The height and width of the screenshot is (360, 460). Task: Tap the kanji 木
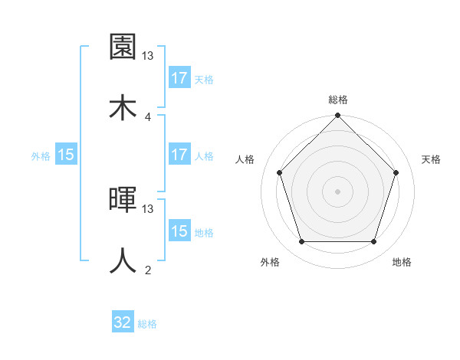pyautogui.click(x=123, y=107)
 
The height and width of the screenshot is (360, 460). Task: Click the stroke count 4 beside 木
pyautogui.click(x=148, y=116)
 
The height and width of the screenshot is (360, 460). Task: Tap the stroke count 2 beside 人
pyautogui.click(x=148, y=270)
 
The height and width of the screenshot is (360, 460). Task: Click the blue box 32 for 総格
pyautogui.click(x=123, y=322)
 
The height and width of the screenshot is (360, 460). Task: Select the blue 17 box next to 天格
pyautogui.click(x=179, y=78)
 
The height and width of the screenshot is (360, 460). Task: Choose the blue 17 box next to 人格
pyautogui.click(x=179, y=155)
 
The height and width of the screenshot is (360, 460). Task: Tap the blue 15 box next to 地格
pyautogui.click(x=179, y=231)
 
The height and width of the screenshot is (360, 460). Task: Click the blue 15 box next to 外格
pyautogui.click(x=66, y=155)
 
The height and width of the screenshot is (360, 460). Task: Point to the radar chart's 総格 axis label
pyautogui.click(x=338, y=100)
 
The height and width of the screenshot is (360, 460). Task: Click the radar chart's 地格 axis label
pyautogui.click(x=402, y=263)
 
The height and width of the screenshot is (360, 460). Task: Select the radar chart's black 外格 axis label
pyautogui.click(x=271, y=263)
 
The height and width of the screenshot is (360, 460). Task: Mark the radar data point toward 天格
pyautogui.click(x=396, y=172)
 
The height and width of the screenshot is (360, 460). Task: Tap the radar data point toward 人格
pyautogui.click(x=280, y=172)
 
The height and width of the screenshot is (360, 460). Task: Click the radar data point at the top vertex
pyautogui.click(x=338, y=116)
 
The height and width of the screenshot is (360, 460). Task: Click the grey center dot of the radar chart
pyautogui.click(x=338, y=191)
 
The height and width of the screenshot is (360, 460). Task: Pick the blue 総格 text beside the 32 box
pyautogui.click(x=147, y=324)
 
